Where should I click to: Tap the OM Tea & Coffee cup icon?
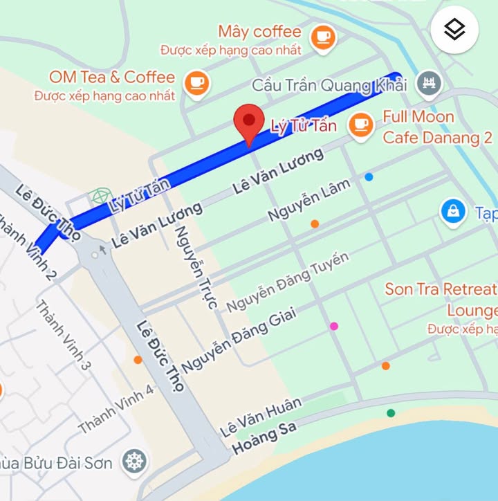198,83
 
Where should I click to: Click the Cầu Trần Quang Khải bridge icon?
430,84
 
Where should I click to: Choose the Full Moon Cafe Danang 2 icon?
360,125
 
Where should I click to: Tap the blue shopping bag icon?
452,212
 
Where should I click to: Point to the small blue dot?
369,177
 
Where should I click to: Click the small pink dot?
334,326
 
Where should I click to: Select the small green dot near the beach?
391,413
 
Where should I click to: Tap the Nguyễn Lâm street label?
309,199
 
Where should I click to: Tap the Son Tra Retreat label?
441,289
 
